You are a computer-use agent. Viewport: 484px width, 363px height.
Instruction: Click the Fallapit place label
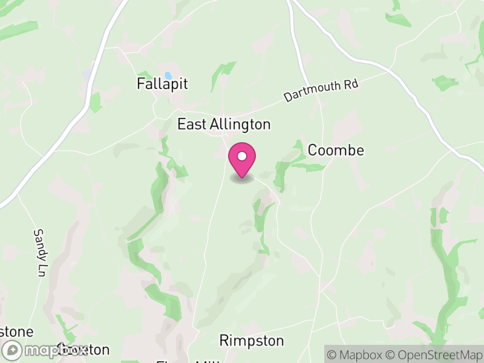[x=162, y=83]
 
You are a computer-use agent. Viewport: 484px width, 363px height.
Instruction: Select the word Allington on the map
[x=241, y=125]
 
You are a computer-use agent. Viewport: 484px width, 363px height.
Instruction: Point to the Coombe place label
[x=336, y=150]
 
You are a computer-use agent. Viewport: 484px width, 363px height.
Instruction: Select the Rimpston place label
[x=252, y=341]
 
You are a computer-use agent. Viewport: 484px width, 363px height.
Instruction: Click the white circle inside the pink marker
[x=242, y=156]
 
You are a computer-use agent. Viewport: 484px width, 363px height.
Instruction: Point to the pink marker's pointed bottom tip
[x=242, y=177]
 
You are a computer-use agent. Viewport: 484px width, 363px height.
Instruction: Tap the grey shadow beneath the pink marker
[x=242, y=180]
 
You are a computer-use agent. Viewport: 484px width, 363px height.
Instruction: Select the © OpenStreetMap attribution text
[x=433, y=354]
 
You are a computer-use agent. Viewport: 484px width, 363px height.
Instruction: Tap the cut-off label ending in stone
[x=16, y=332]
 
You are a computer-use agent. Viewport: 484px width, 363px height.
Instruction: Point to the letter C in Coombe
[x=313, y=150]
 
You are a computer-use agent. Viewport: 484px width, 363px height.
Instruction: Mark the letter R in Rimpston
[x=224, y=341]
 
